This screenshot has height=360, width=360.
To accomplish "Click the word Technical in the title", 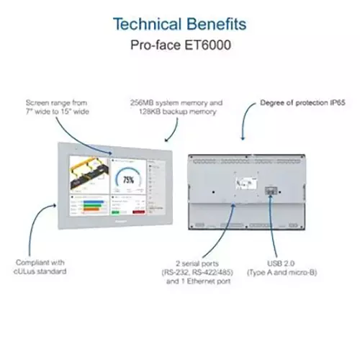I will pos(147,23).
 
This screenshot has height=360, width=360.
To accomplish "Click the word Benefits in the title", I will pos(215,23).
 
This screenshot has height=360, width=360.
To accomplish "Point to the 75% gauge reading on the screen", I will pos(128,179).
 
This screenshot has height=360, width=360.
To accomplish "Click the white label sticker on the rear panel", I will pos(248,181).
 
